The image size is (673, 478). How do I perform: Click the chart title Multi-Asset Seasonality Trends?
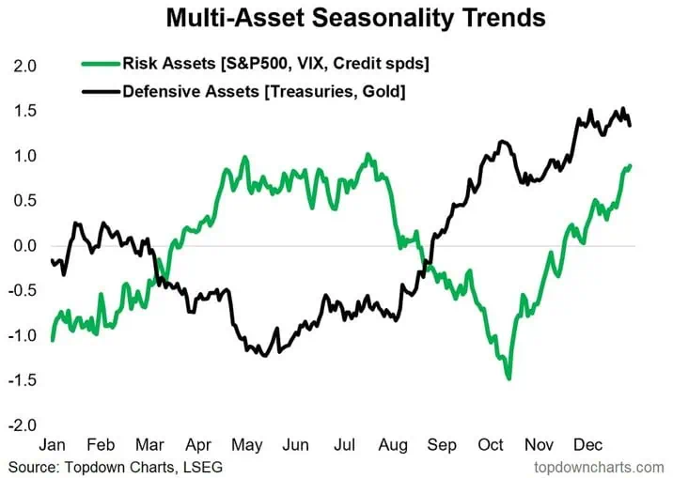point(354,17)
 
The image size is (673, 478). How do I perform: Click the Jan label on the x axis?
point(55,443)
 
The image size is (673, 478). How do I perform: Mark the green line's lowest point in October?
point(509,378)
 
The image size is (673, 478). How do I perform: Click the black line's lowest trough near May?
point(264,355)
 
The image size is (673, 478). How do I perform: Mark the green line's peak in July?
point(368,154)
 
